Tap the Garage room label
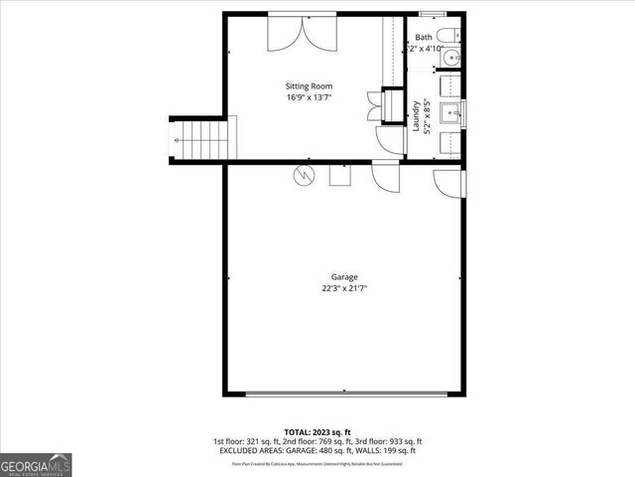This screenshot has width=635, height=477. (344, 277)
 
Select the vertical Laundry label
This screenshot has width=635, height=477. (417, 118)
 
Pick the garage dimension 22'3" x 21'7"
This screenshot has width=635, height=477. (344, 289)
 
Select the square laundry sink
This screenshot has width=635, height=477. (446, 113)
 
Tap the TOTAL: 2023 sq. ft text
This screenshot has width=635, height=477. (317, 432)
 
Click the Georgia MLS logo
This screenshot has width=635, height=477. (36, 464)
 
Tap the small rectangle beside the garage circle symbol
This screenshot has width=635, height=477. (339, 175)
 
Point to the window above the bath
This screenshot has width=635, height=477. (434, 13)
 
